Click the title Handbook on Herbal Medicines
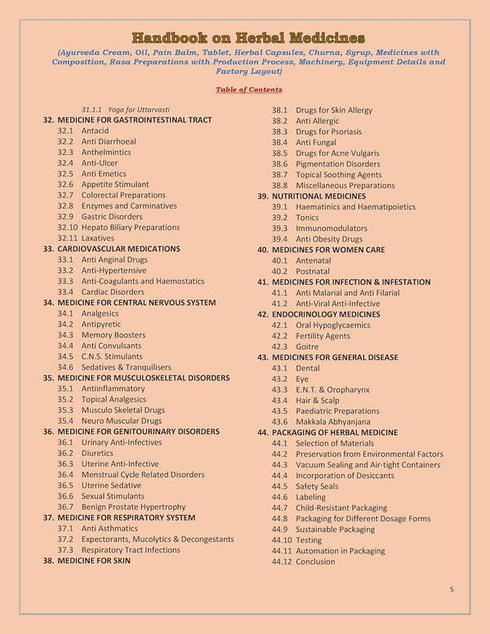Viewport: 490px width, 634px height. tap(248, 38)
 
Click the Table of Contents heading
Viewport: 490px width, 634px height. tap(249, 89)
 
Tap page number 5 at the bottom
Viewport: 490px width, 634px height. tap(452, 588)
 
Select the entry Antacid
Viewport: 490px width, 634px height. tap(95, 131)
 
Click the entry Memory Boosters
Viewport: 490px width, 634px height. tap(113, 335)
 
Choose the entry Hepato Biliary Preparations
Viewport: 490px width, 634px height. tap(130, 228)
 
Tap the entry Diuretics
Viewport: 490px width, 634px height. tap(97, 453)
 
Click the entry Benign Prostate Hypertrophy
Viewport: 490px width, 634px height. tap(133, 507)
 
